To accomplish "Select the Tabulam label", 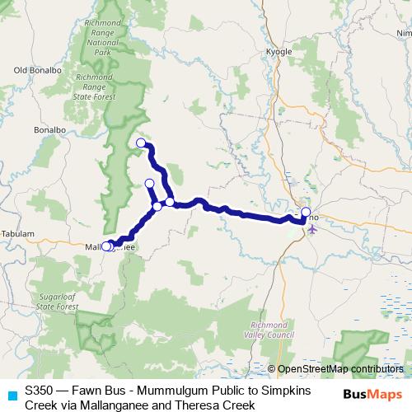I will point(16,233).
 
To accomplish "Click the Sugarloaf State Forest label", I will point(58,299).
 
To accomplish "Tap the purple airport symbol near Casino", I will point(311,228).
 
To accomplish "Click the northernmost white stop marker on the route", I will point(140,143).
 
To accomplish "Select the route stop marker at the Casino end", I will point(306,213).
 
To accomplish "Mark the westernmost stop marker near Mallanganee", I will point(105,246).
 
